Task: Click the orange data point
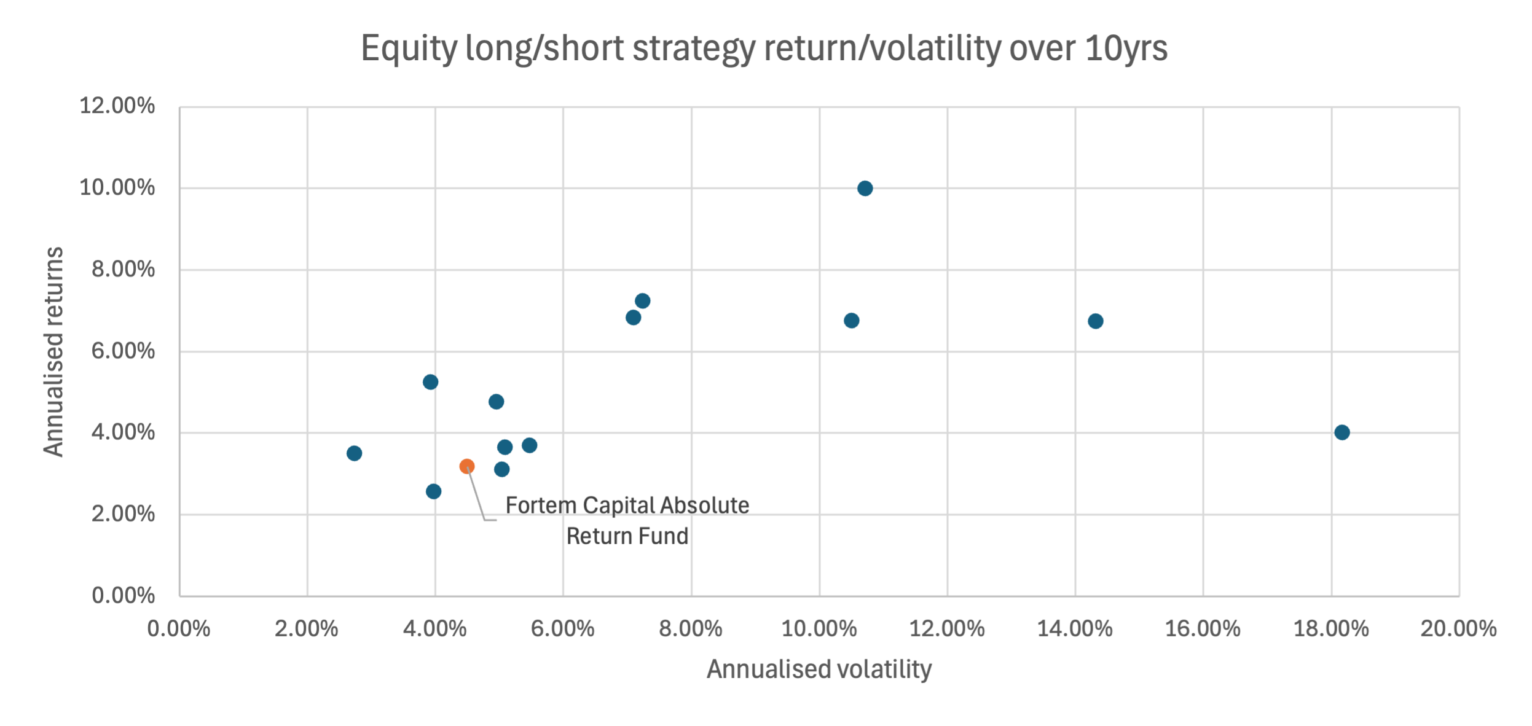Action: pos(467,466)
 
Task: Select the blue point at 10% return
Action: pos(865,189)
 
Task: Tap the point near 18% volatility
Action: pos(1342,432)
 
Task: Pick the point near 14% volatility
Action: pos(1096,321)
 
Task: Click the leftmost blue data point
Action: pos(355,453)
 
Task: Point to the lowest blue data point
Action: pos(434,491)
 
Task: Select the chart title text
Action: pos(764,49)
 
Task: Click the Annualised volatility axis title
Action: pos(819,669)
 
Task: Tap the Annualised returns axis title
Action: pos(54,351)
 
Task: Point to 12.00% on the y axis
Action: pos(117,106)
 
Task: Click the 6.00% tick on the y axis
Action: pos(123,351)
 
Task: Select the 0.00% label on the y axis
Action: pos(123,595)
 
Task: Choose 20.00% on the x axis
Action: pos(1458,629)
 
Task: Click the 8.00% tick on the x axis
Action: pos(691,629)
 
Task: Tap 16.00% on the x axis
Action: pos(1203,629)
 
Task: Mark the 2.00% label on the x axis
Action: pos(307,629)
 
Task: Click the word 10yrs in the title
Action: pos(1126,49)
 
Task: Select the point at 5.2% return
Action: pos(431,382)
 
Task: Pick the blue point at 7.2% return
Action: pos(643,301)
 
